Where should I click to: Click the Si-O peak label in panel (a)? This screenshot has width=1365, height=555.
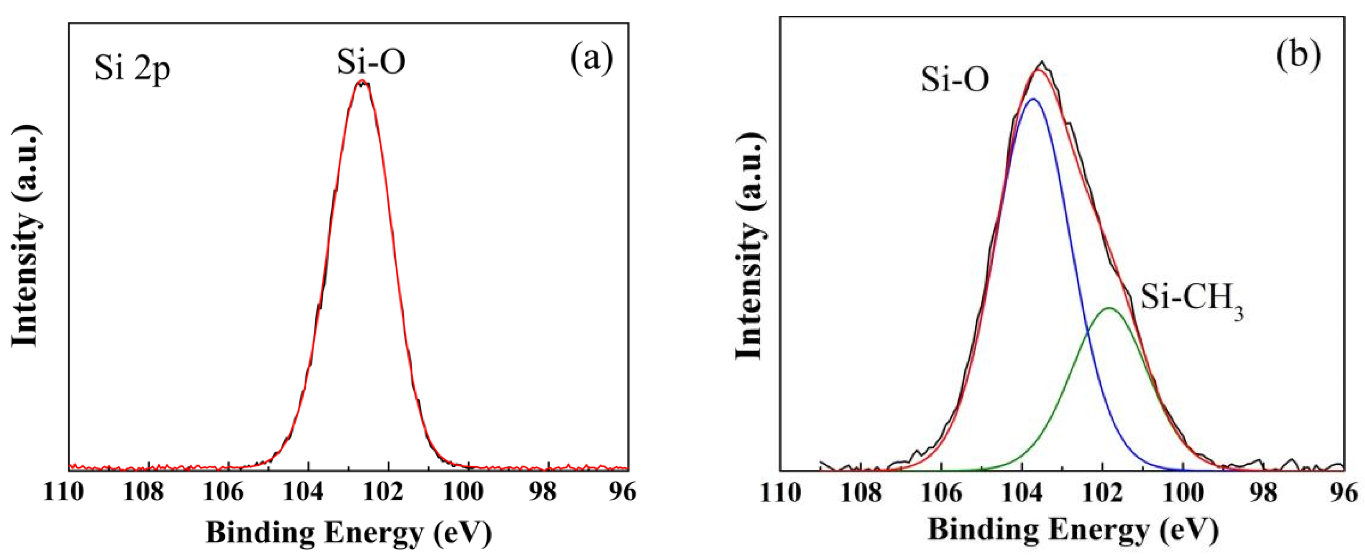pos(371,62)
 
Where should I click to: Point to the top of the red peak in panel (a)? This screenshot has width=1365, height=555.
pos(362,81)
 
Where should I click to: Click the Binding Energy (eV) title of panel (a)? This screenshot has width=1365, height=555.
pos(349,532)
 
